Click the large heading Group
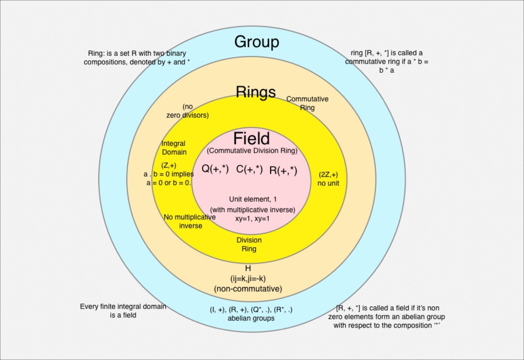256,42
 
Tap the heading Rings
256,92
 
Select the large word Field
251,138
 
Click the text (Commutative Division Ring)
252,151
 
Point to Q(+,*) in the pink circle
215,169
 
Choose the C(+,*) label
249,169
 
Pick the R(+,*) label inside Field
283,170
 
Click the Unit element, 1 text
252,199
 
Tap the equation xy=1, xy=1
252,219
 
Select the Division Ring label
249,244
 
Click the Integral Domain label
174,148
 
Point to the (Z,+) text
168,165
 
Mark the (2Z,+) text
328,174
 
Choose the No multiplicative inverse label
190,221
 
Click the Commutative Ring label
307,103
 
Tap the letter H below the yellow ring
248,268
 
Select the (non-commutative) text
248,289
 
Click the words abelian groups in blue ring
251,318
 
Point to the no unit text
328,183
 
